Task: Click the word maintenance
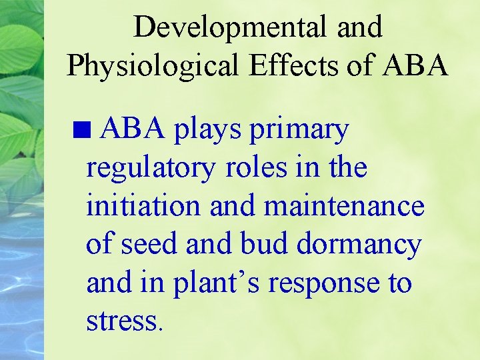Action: click(x=344, y=206)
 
